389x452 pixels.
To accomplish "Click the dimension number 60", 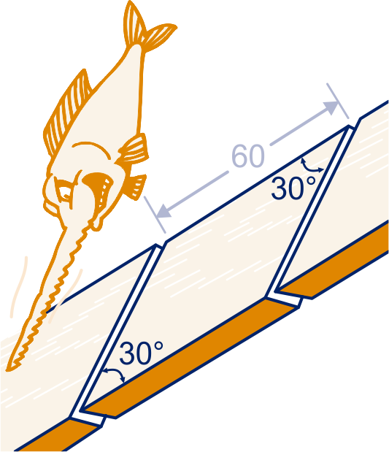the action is [248, 156].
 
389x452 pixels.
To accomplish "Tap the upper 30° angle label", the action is [293, 188].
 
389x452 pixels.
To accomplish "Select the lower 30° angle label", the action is [141, 353].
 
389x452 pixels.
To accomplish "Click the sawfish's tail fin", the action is [147, 28].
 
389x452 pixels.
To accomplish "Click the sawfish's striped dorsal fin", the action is [68, 112].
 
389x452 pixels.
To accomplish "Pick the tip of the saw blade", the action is [9, 369].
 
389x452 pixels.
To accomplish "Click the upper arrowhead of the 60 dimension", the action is [331, 107].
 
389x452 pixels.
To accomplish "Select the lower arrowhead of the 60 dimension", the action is [163, 211].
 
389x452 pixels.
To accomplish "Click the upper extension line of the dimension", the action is [338, 101].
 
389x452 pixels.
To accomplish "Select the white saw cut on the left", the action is [118, 332].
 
